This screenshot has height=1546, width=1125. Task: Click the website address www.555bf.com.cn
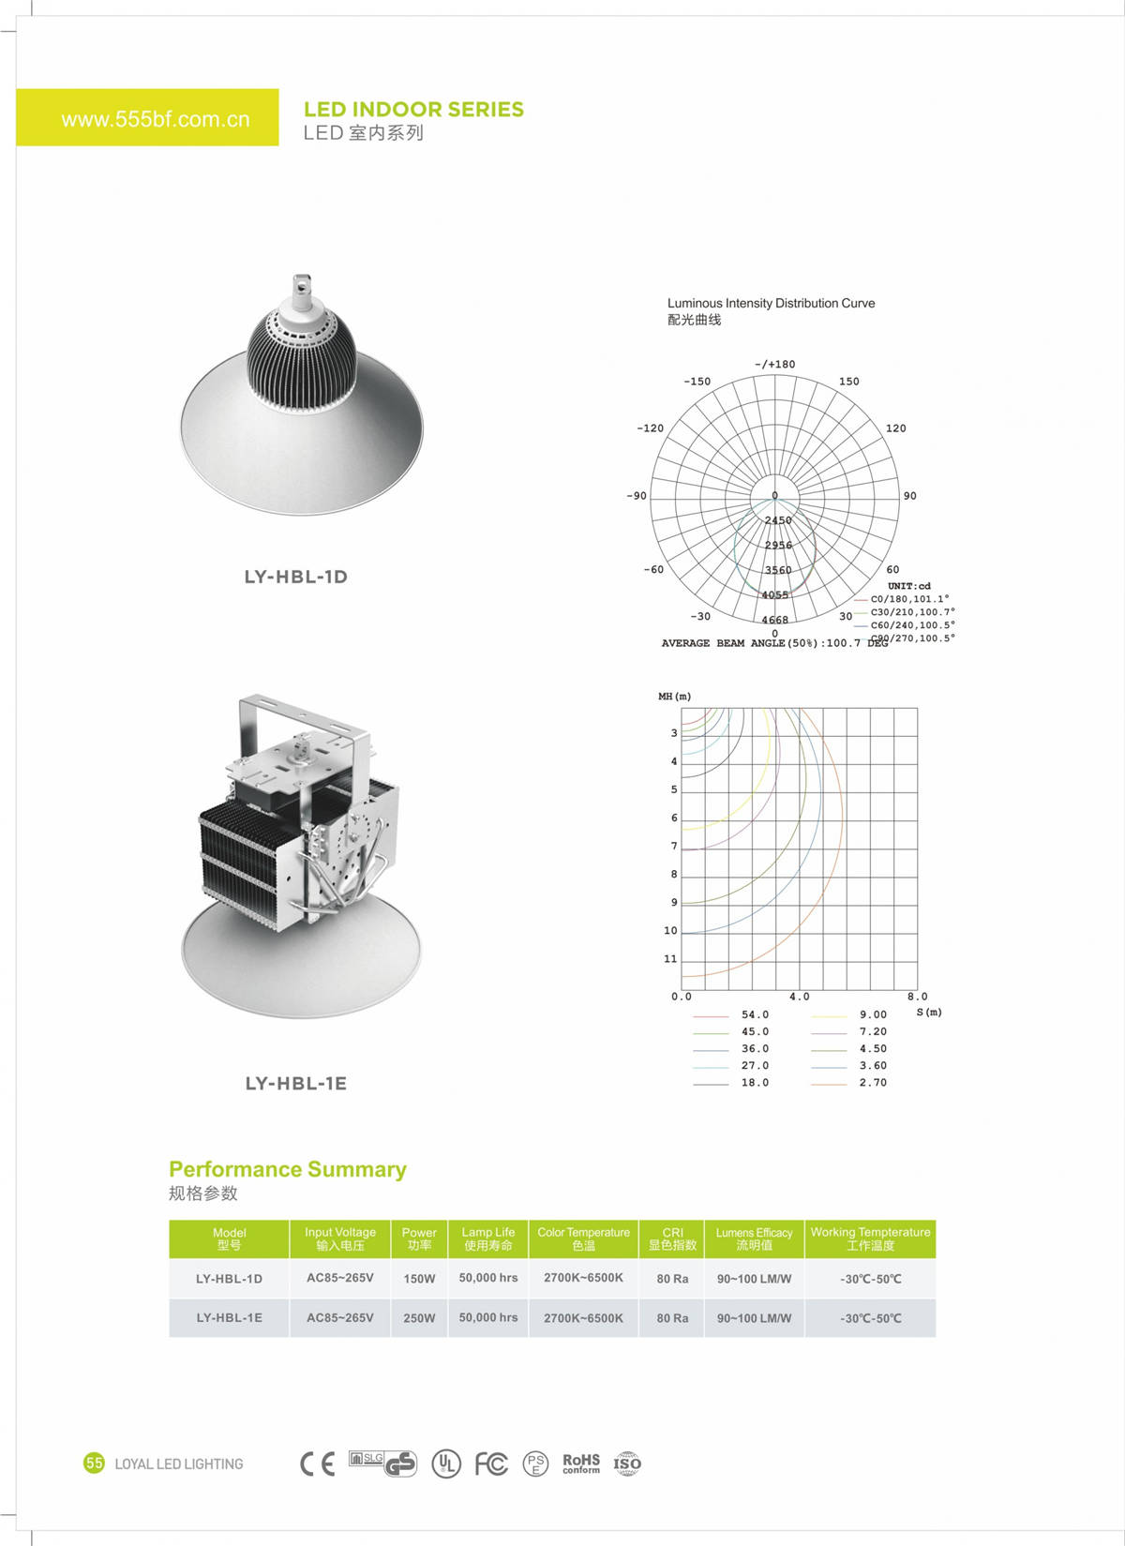click(x=156, y=119)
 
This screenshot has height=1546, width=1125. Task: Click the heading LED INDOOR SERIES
click(x=413, y=110)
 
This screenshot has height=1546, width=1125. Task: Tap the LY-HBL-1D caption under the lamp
click(x=295, y=577)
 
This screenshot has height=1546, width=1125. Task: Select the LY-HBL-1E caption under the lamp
click(x=295, y=1083)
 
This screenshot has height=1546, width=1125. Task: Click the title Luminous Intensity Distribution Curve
click(x=771, y=303)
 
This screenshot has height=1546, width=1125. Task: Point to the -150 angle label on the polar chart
click(x=697, y=382)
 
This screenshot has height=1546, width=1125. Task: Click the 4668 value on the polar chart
click(x=774, y=620)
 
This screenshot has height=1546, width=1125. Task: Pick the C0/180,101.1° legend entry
click(x=908, y=599)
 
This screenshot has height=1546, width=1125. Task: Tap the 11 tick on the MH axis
click(x=669, y=959)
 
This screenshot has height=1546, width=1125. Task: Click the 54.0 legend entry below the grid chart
click(x=754, y=1014)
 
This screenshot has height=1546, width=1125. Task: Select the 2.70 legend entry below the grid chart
click(x=872, y=1083)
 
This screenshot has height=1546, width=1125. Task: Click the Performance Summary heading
click(x=287, y=1169)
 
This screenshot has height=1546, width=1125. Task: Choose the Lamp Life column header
click(x=487, y=1238)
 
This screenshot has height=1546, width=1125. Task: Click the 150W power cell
click(x=419, y=1279)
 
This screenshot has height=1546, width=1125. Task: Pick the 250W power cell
click(x=419, y=1318)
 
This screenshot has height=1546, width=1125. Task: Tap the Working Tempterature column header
click(x=870, y=1238)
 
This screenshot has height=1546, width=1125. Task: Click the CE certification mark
click(x=317, y=1463)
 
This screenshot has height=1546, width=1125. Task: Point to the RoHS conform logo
click(x=580, y=1463)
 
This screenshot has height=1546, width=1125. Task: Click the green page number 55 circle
click(x=94, y=1463)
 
